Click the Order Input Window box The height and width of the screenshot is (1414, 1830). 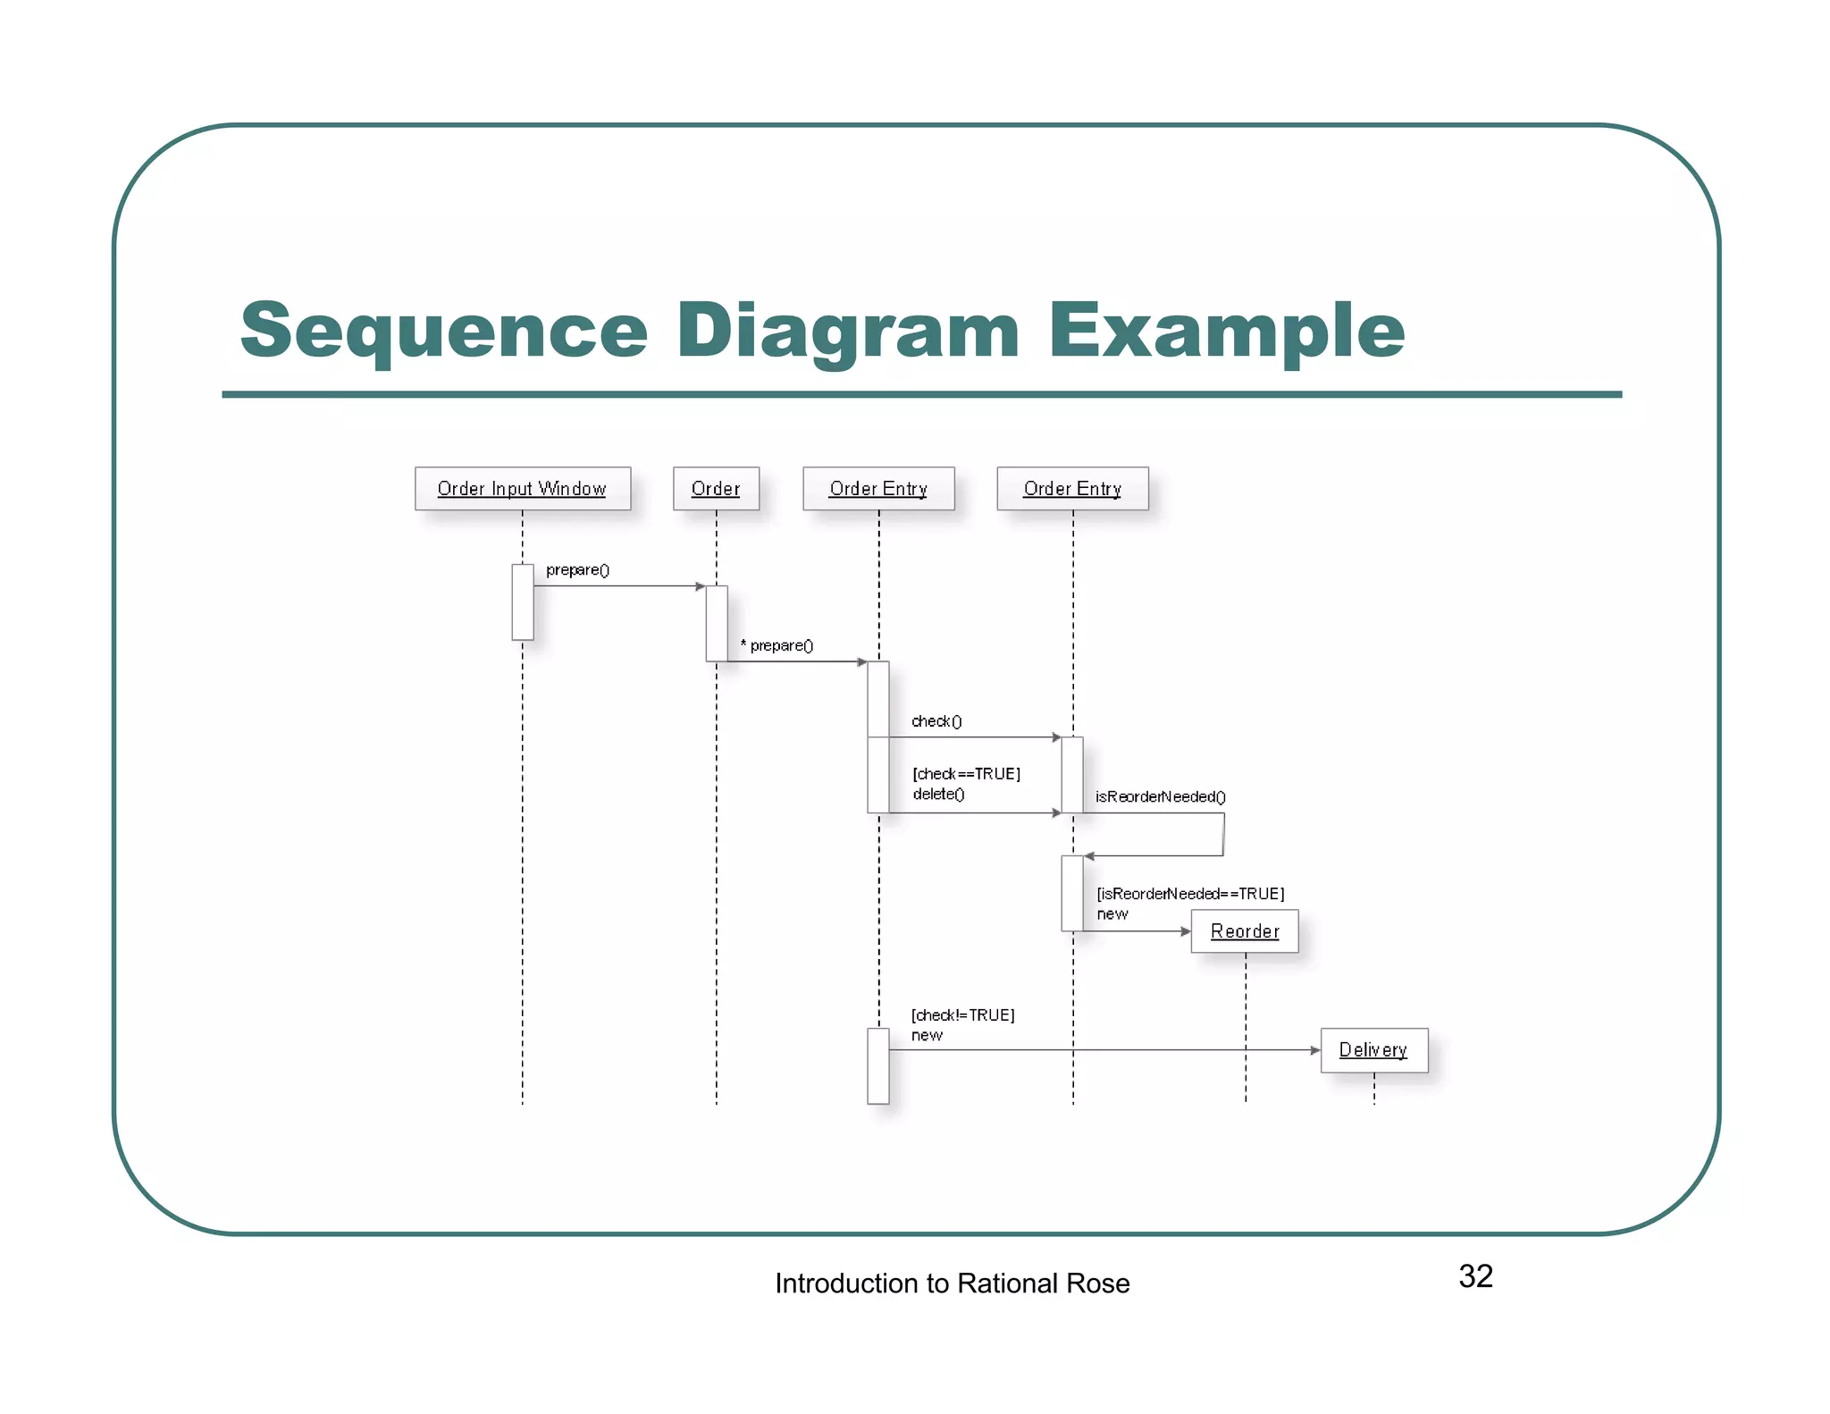pos(522,488)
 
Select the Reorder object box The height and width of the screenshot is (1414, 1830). pos(1244,931)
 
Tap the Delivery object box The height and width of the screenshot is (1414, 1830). pos(1373,1050)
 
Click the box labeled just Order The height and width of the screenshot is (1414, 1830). pos(716,488)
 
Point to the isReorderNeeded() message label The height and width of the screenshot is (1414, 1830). pos(1160,796)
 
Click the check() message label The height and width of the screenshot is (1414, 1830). pos(936,721)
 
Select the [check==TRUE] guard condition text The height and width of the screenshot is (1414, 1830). pos(966,774)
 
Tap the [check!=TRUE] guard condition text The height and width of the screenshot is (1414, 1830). pos(962,1015)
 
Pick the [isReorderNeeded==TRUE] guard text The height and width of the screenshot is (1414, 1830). pos(1190,894)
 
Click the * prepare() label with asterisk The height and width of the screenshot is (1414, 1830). pos(776,645)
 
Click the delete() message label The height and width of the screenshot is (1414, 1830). pos(938,794)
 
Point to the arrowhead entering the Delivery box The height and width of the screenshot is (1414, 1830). pos(1315,1050)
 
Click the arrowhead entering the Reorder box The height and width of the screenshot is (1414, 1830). pos(1186,931)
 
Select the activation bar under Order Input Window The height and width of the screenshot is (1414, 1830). pos(523,602)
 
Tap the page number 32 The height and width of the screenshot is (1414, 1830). pos(1475,1276)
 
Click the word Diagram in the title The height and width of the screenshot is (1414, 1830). pos(847,332)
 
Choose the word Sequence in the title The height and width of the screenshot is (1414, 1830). pos(444,332)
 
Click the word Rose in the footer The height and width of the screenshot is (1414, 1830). pos(1098,1284)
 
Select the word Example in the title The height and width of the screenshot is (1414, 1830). pos(1226,332)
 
